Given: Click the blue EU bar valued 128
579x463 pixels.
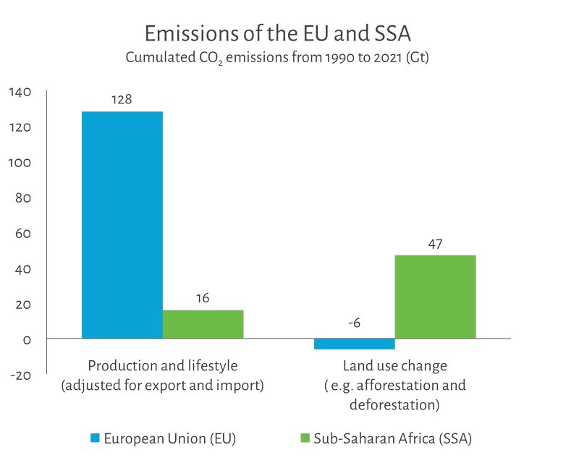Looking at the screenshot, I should [122, 224].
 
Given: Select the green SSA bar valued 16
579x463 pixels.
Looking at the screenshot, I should [203, 324].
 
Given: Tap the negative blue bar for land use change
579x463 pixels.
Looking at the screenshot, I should [354, 344].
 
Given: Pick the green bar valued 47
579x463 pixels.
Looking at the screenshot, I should [435, 297].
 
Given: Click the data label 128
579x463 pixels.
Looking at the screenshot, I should [122, 99].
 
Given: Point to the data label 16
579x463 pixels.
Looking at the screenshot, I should [203, 298].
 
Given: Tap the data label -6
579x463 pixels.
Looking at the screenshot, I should [354, 323].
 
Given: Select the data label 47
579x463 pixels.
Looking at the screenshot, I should [435, 244].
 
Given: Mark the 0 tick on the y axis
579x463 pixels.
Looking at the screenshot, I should [27, 340].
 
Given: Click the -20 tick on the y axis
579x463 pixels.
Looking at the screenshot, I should [20, 375].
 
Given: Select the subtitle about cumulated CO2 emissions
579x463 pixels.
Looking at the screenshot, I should [277, 59].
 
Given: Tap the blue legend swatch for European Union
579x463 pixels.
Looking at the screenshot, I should [94, 438].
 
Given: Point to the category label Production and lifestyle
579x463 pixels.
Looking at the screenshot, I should [162, 365].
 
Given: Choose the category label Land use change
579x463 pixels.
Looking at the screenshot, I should [394, 365].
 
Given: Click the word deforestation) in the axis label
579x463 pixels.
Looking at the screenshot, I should [394, 404].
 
